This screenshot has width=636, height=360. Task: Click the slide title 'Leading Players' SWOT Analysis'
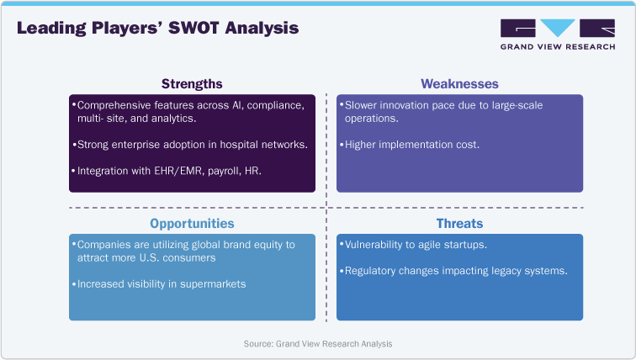(157, 29)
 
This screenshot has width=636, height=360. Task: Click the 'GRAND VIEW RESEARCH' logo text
(557, 48)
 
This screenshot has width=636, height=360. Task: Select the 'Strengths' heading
(192, 83)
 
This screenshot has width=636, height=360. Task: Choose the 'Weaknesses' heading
(459, 83)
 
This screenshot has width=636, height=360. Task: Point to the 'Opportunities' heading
(192, 224)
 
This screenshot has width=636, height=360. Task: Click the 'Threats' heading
(459, 224)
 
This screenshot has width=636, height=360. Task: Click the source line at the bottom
(318, 343)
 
